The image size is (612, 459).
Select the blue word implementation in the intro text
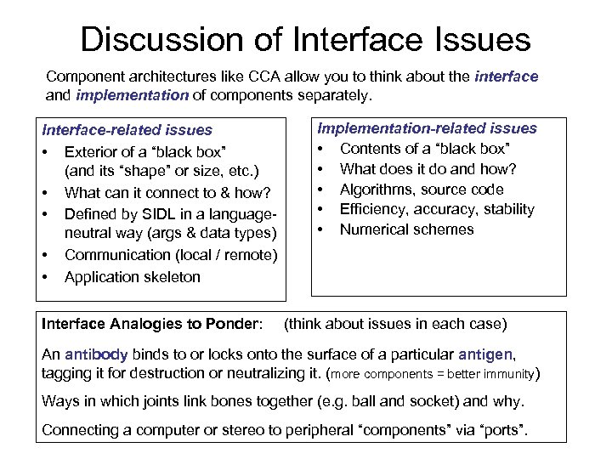(132, 95)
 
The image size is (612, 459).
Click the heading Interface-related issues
(127, 130)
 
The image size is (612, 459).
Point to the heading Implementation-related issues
(427, 128)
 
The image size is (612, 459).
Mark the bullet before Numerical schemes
(322, 229)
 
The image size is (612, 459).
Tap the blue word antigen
(485, 354)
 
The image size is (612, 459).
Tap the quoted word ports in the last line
(500, 430)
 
